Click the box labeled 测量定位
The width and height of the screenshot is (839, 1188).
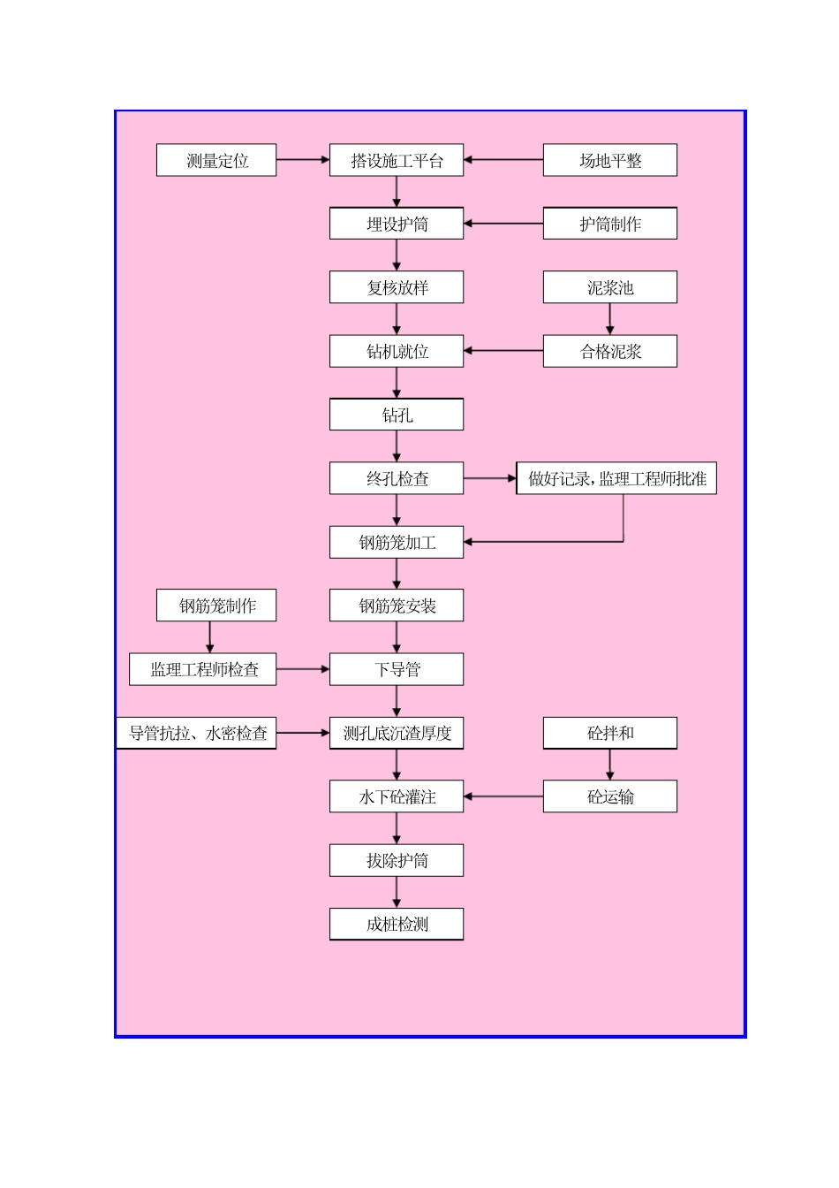pos(216,160)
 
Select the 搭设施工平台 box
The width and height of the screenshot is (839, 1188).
pos(397,160)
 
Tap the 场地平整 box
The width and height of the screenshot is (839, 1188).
pos(609,160)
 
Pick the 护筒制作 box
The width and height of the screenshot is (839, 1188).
pos(609,224)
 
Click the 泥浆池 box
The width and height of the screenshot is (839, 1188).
pos(609,287)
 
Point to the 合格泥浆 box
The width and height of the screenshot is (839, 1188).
pos(609,351)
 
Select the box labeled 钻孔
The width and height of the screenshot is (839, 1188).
pos(397,415)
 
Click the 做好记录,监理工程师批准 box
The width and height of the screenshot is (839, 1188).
pos(616,478)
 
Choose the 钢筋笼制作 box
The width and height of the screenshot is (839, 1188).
pos(216,605)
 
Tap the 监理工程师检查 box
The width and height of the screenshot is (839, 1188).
pos(203,669)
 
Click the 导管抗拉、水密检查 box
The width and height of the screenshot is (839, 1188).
pos(197,733)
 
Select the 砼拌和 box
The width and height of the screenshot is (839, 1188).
pos(609,733)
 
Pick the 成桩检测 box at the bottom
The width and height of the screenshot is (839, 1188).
pos(397,924)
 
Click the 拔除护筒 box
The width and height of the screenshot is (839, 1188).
pos(397,860)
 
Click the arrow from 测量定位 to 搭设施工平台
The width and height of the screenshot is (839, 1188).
pos(303,160)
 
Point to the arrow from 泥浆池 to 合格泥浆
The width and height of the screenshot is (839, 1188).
pos(609,319)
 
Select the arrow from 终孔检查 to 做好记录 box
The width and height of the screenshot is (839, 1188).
pos(490,478)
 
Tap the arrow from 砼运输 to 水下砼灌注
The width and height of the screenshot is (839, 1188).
pos(503,796)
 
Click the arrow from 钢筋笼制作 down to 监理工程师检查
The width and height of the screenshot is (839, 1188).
pos(210,637)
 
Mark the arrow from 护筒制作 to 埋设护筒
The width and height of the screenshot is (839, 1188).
pos(503,224)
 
